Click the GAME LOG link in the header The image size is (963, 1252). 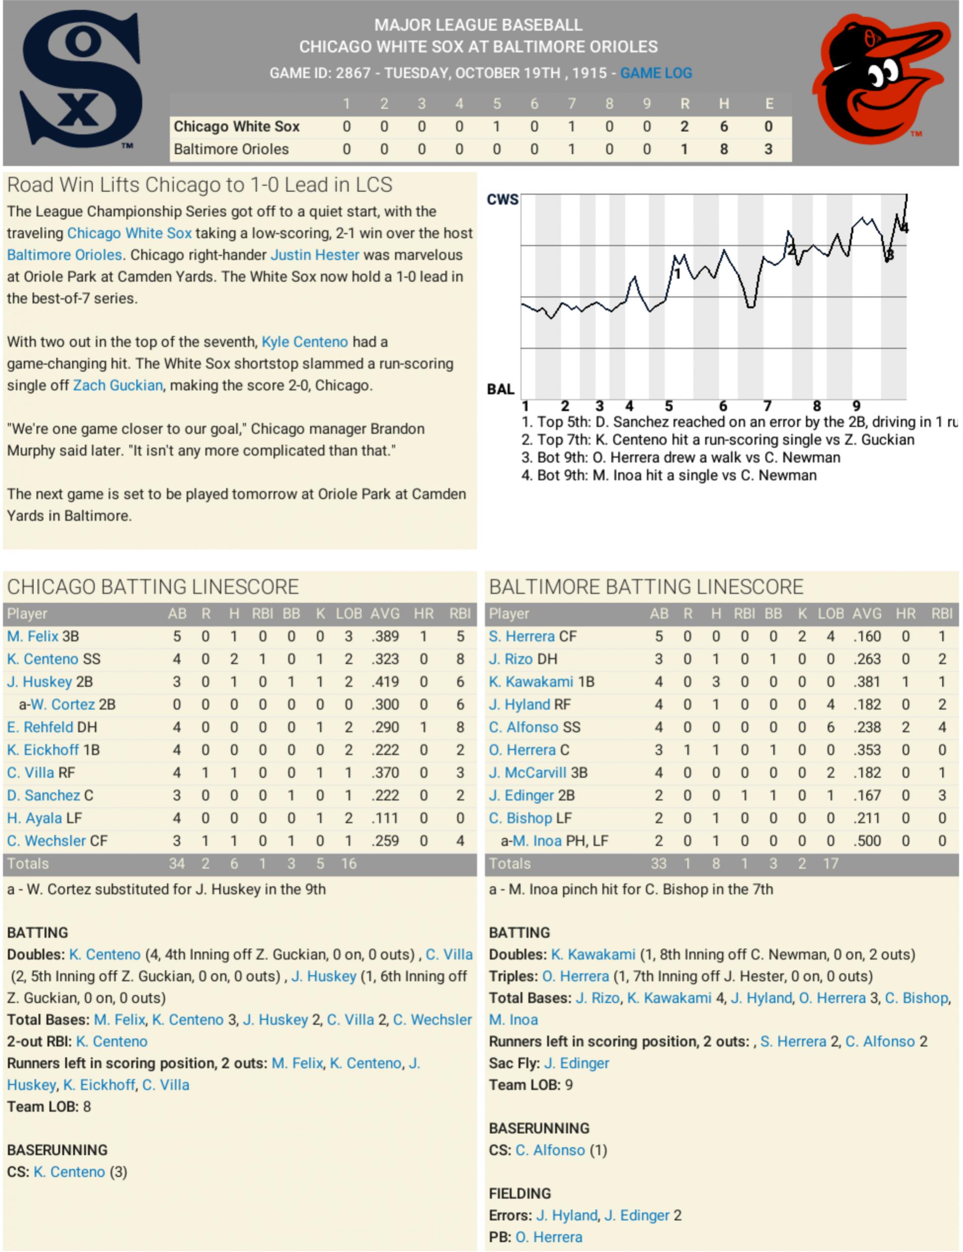click(656, 73)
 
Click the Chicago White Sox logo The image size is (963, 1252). click(80, 80)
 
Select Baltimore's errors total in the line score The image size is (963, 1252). click(768, 149)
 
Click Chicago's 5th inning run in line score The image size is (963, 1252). click(497, 126)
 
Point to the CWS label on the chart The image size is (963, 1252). click(502, 200)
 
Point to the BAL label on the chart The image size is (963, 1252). click(501, 389)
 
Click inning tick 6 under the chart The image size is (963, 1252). click(723, 406)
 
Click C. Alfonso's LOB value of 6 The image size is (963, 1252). click(830, 727)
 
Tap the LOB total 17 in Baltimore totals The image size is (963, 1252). click(830, 863)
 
